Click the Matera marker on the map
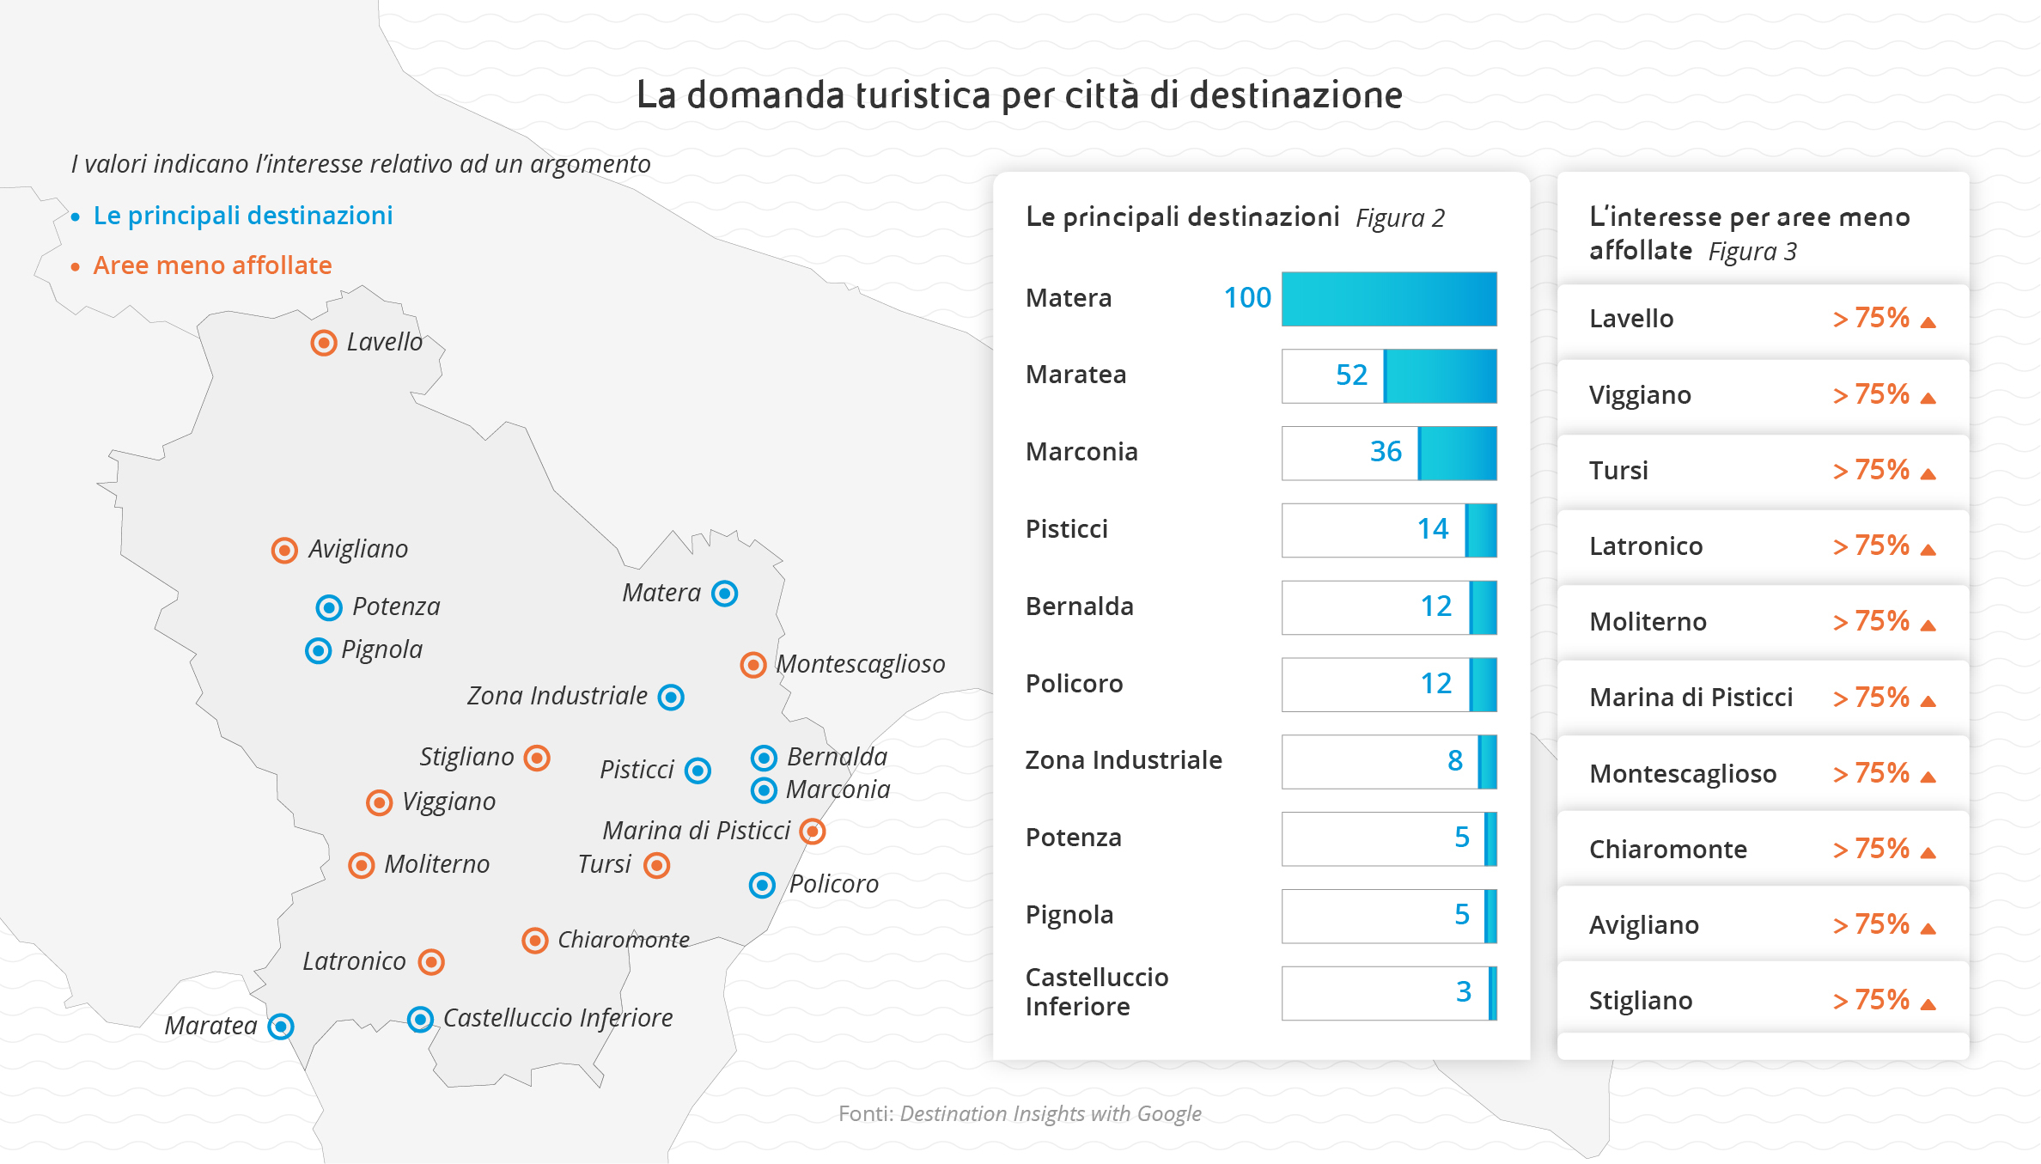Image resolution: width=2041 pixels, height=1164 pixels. click(x=725, y=594)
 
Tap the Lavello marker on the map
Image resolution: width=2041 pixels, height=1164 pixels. click(x=324, y=343)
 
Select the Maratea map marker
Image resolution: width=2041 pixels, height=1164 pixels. click(x=281, y=1026)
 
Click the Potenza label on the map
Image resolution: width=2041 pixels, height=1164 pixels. click(x=396, y=606)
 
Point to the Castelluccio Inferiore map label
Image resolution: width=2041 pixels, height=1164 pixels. click(x=557, y=1018)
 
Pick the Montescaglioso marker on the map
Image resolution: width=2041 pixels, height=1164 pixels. click(x=753, y=664)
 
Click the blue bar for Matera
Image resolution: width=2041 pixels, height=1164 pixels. click(x=1389, y=299)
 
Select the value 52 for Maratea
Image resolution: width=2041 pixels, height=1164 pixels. click(x=1351, y=375)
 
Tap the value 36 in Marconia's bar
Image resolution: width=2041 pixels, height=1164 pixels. click(x=1386, y=452)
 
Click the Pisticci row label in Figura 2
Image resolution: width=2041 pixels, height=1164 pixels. click(x=1067, y=529)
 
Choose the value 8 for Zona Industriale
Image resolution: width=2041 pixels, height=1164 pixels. click(x=1454, y=761)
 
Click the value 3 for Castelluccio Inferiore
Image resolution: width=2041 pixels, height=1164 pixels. click(x=1464, y=992)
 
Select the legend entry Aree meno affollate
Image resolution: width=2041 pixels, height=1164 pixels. click(x=212, y=265)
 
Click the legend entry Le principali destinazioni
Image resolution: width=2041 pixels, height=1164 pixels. click(x=243, y=216)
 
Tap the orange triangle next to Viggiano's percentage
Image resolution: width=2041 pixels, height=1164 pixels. click(x=1928, y=398)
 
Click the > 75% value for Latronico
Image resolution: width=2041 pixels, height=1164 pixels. click(x=1871, y=546)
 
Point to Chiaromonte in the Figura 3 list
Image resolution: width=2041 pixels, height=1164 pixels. click(x=1668, y=850)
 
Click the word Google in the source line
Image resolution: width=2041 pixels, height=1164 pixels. click(x=1169, y=1113)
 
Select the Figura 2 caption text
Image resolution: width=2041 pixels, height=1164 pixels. click(x=1400, y=218)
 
